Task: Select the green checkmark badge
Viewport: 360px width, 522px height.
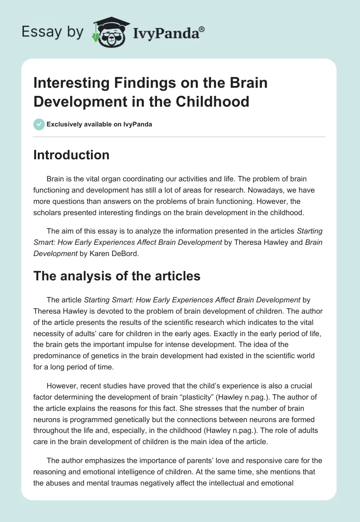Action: (x=39, y=125)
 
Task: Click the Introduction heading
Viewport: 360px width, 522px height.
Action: (x=72, y=155)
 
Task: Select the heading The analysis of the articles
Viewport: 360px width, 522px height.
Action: (x=117, y=276)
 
